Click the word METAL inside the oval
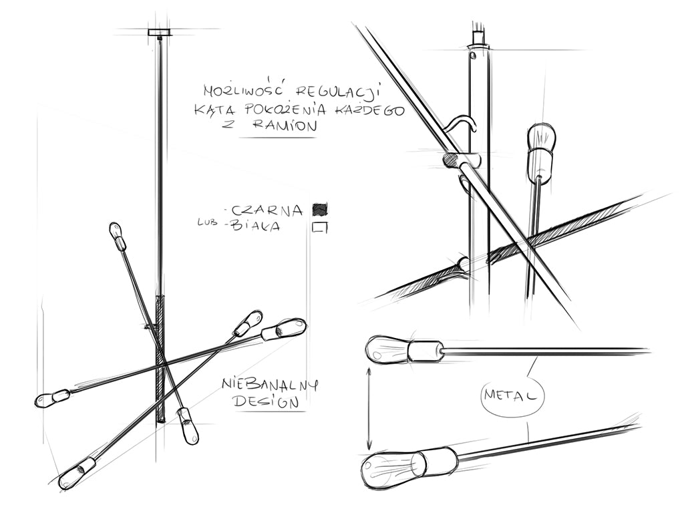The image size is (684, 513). [512, 396]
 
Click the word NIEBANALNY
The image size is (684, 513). [270, 385]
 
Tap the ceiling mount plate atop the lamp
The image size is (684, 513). [160, 32]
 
